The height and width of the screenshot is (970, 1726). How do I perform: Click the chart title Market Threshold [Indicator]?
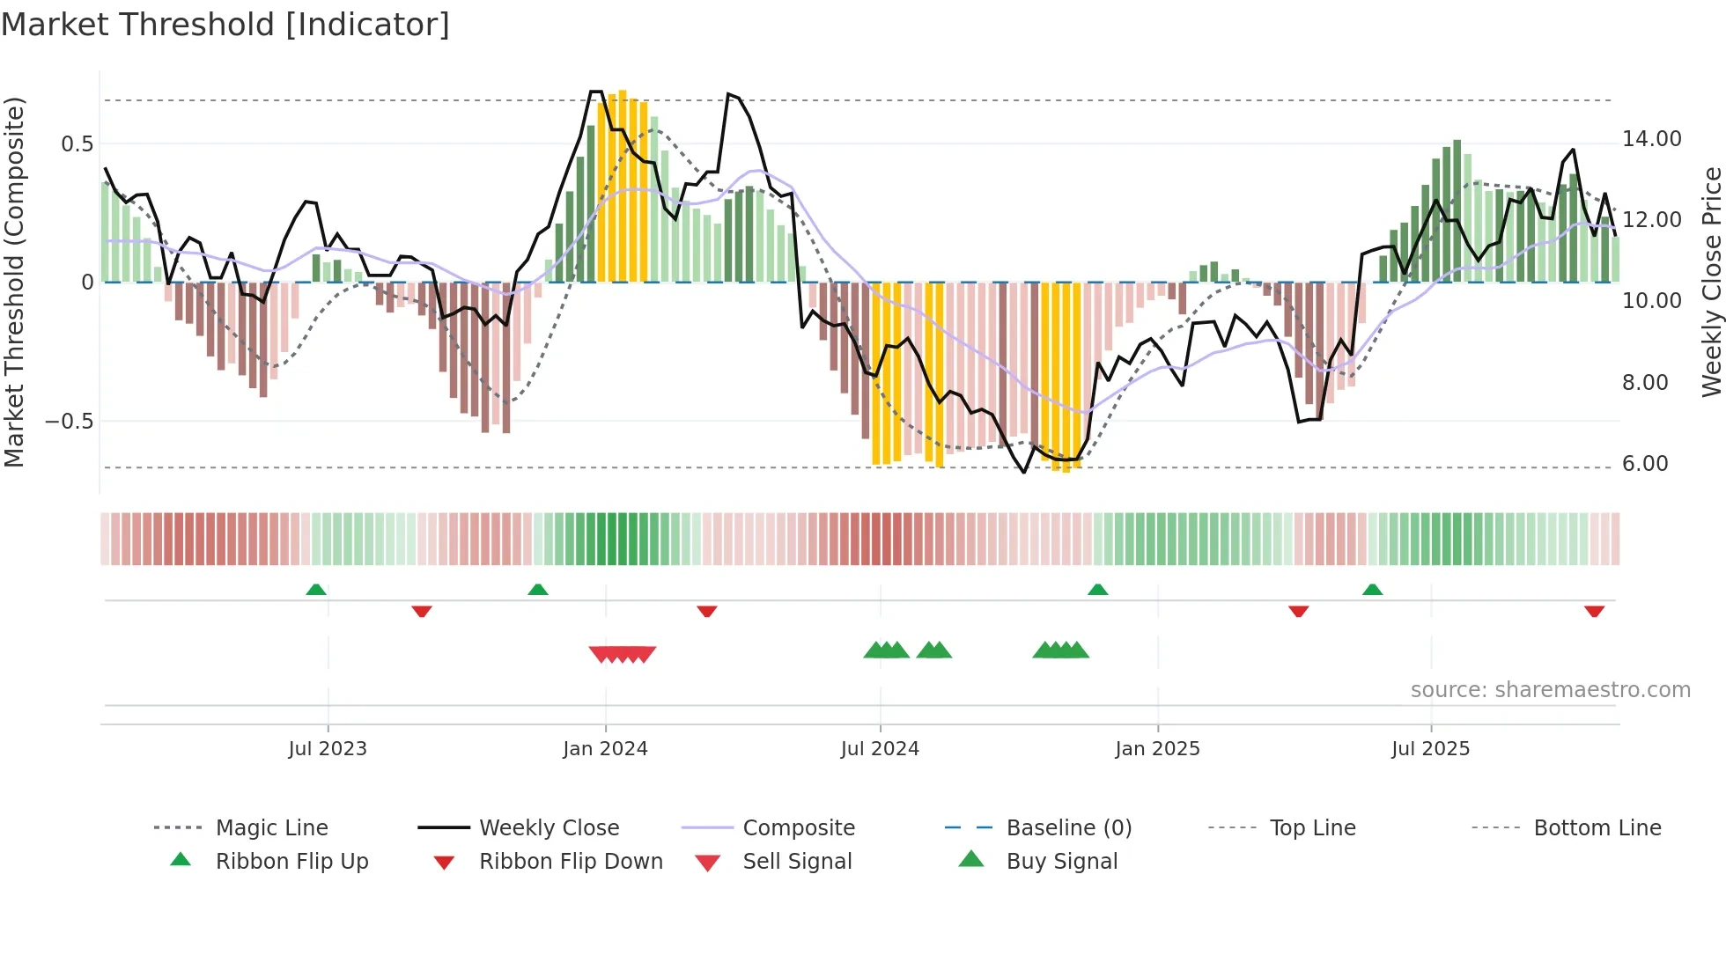225,25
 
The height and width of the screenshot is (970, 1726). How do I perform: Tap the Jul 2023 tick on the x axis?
328,749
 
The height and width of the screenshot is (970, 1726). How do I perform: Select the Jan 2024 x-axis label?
605,749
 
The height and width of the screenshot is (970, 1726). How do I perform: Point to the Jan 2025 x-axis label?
1157,749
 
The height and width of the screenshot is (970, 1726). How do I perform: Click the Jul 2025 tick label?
1430,749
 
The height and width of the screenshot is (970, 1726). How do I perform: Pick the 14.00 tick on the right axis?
1651,139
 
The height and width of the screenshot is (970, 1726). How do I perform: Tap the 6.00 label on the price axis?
1644,464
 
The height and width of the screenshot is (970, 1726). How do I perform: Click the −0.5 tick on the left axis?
70,422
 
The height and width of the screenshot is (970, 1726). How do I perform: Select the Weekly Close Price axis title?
1711,282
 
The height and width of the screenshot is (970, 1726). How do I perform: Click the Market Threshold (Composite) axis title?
14,282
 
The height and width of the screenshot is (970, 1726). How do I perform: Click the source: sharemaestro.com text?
1550,690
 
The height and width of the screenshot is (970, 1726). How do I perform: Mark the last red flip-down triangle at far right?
1594,611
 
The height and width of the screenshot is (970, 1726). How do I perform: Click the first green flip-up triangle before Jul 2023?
316,589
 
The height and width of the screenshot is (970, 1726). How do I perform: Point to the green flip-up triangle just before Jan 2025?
1097,589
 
